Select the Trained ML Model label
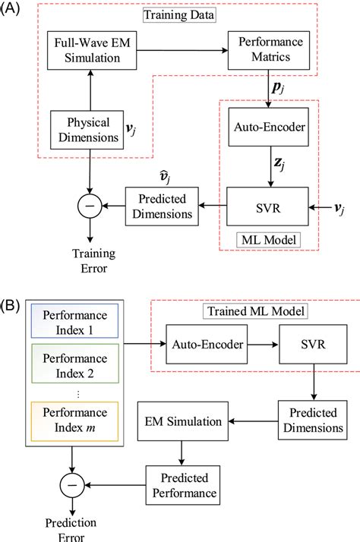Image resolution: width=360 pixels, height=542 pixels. (268, 310)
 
